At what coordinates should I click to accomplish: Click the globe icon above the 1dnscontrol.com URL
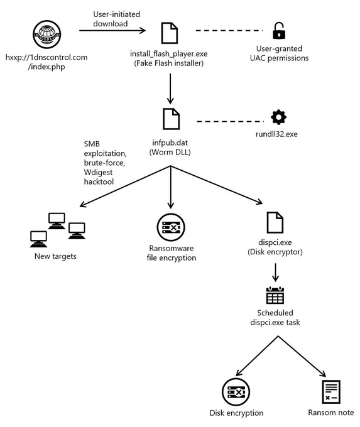46,35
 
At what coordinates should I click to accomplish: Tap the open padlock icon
279,31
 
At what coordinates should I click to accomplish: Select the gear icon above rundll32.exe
278,117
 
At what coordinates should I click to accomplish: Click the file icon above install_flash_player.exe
170,33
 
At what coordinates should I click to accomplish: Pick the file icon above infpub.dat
171,119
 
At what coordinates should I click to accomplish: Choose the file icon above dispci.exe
275,222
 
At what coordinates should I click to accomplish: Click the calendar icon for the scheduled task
275,295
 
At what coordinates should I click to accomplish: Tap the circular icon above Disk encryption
236,392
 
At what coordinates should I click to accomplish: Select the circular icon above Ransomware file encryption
171,227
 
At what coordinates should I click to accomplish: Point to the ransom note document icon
331,392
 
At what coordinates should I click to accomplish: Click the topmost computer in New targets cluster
57,221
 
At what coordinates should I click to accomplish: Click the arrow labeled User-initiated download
112,31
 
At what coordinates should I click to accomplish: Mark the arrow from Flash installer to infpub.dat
170,89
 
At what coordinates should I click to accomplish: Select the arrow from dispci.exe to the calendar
275,273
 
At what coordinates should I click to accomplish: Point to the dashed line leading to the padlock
229,31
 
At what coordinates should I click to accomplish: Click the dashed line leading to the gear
231,121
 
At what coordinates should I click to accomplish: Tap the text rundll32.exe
276,134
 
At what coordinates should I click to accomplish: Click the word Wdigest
98,172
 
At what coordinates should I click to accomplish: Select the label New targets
55,256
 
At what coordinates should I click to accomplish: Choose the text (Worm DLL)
170,152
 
